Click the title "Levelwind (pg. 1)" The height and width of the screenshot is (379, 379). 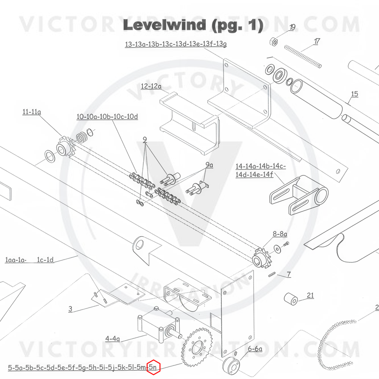(193, 25)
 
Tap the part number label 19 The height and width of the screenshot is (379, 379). (293, 27)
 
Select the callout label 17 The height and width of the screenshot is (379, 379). (317, 42)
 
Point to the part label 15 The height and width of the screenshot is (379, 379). (354, 94)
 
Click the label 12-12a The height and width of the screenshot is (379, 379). (151, 86)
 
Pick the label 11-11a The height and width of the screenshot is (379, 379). (32, 112)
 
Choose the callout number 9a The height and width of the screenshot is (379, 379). (209, 165)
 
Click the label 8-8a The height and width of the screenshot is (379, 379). (280, 233)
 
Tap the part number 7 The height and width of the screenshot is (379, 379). (289, 274)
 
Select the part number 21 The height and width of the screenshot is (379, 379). (310, 295)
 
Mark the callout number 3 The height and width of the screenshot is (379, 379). (70, 309)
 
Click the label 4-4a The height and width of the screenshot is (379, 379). (112, 338)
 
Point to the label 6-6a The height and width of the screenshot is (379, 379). (255, 349)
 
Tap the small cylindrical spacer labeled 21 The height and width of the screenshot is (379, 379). (291, 299)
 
